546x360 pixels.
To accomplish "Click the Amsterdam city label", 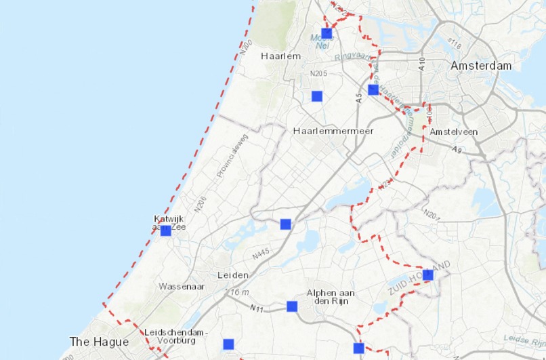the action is pos(481,66).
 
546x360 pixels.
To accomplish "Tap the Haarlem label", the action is pos(280,56).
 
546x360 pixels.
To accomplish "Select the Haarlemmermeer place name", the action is pos(333,131).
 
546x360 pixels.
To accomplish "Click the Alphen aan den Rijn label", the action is pos(331,297).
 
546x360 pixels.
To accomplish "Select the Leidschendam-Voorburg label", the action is pos(176,336).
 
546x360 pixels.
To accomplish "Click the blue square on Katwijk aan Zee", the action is pos(166,231).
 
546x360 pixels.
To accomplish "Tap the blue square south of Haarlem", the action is pos(316,96).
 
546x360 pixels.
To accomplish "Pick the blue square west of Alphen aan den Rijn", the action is pos(292,306).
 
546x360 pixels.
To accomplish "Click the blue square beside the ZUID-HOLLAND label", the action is pos(428,275).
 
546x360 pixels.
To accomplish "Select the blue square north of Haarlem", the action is pos(327,33).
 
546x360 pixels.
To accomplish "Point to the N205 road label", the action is pos(318,73).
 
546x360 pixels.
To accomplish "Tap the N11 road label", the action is pos(256,309).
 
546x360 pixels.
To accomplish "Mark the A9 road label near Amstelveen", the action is pos(457,150).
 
